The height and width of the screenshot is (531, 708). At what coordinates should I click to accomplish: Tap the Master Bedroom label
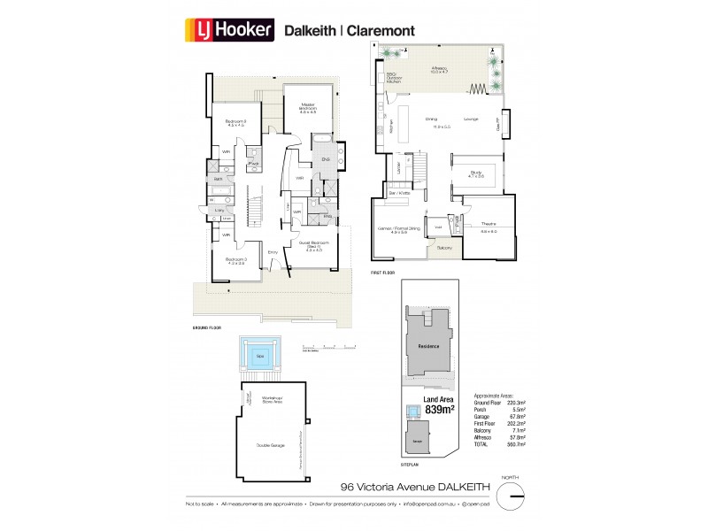pos(307,108)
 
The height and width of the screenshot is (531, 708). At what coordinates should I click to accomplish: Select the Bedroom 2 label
pos(235,122)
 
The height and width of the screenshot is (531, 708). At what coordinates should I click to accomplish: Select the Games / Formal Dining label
pos(397,231)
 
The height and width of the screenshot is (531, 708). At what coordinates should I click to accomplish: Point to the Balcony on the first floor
pos(442,249)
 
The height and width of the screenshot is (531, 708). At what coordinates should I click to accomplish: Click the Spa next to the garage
pos(260,357)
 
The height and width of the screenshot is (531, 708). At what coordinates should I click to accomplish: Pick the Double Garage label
pos(269,445)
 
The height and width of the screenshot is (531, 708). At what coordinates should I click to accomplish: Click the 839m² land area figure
pos(439,410)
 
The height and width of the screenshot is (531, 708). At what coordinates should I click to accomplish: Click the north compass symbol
pos(512,499)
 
